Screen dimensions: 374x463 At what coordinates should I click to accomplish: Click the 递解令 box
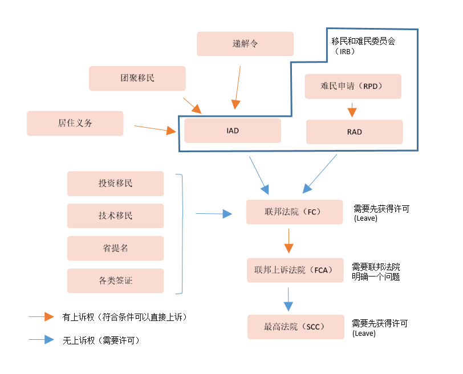pyautogui.click(x=245, y=44)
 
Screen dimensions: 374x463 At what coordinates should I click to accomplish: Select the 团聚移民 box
pyautogui.click(x=137, y=78)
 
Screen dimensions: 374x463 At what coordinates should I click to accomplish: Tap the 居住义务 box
pyautogui.click(x=75, y=123)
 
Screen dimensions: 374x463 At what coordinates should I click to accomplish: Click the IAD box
pyautogui.click(x=233, y=131)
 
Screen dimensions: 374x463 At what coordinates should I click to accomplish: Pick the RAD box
pyautogui.click(x=354, y=132)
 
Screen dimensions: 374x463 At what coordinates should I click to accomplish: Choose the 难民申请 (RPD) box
pyautogui.click(x=353, y=86)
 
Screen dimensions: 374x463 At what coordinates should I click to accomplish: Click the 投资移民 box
pyautogui.click(x=115, y=184)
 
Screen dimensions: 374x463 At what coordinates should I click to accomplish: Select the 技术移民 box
pyautogui.click(x=115, y=216)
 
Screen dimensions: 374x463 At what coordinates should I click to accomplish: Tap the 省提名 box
pyautogui.click(x=115, y=249)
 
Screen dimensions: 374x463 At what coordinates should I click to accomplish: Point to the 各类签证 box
pyautogui.click(x=115, y=280)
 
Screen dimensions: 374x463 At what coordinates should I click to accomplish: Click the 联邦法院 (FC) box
pyautogui.click(x=294, y=212)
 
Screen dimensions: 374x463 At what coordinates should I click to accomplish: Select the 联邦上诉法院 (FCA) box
pyautogui.click(x=294, y=270)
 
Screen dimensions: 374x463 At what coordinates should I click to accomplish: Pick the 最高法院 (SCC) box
pyautogui.click(x=296, y=327)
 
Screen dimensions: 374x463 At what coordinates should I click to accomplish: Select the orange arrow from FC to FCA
pyautogui.click(x=289, y=241)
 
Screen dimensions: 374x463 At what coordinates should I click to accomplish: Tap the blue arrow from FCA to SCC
pyautogui.click(x=289, y=299)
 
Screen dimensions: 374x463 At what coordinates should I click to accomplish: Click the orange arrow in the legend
pyautogui.click(x=41, y=317)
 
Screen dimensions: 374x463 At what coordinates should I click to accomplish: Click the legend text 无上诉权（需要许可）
pyautogui.click(x=101, y=340)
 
